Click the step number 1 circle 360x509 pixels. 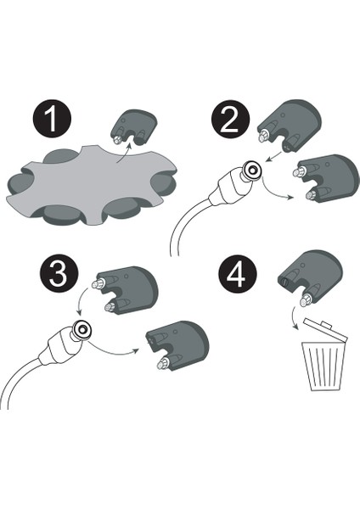click(52, 119)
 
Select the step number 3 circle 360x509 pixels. click(59, 274)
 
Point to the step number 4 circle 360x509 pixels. click(238, 274)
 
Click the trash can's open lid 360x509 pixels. click(325, 329)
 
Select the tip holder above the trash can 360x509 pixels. click(310, 278)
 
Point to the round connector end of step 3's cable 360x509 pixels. click(82, 329)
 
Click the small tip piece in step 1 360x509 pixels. click(134, 127)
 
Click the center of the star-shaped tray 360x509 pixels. click(91, 185)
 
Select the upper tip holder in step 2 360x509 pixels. click(289, 126)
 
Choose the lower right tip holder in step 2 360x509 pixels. click(326, 177)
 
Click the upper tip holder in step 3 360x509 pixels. click(126, 290)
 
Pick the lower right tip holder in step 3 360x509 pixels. click(177, 346)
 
